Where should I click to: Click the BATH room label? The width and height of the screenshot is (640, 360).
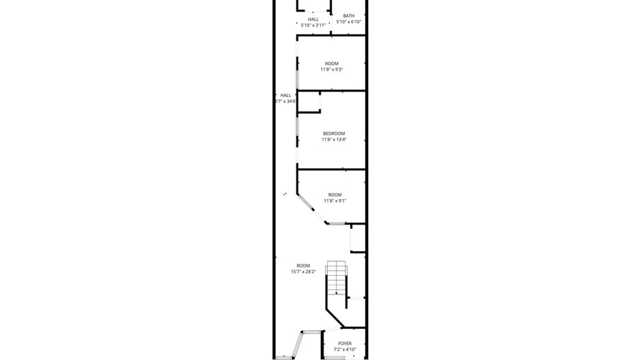tap(349, 16)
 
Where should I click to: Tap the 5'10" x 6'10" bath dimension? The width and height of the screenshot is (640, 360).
tap(349, 22)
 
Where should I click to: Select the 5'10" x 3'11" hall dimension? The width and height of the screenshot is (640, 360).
tap(313, 25)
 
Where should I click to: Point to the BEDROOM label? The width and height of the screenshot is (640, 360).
tap(334, 134)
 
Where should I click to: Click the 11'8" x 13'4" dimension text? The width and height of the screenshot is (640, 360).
tap(334, 140)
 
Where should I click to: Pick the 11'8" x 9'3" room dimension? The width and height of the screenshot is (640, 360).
tap(331, 70)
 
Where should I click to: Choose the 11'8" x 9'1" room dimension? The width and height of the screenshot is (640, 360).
tap(335, 201)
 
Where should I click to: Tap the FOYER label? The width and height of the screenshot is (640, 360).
tap(345, 343)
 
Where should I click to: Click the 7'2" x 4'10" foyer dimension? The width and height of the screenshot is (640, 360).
tap(345, 350)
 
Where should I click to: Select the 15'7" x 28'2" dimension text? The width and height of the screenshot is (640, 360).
tap(303, 272)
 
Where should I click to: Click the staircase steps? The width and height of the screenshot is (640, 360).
tap(336, 277)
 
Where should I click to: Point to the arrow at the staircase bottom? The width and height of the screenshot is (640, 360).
tap(336, 293)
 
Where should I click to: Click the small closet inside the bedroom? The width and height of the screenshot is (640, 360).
tap(309, 102)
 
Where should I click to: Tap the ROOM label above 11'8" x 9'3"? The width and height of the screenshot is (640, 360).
tap(331, 64)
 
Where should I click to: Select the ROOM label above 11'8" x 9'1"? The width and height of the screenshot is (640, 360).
tap(335, 195)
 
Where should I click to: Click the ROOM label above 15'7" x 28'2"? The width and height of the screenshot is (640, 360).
tap(303, 266)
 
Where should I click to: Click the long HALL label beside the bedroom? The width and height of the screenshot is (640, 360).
tap(286, 95)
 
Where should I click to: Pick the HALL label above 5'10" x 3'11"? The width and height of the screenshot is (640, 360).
tap(313, 19)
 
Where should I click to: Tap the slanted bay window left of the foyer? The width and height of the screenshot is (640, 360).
tap(297, 345)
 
